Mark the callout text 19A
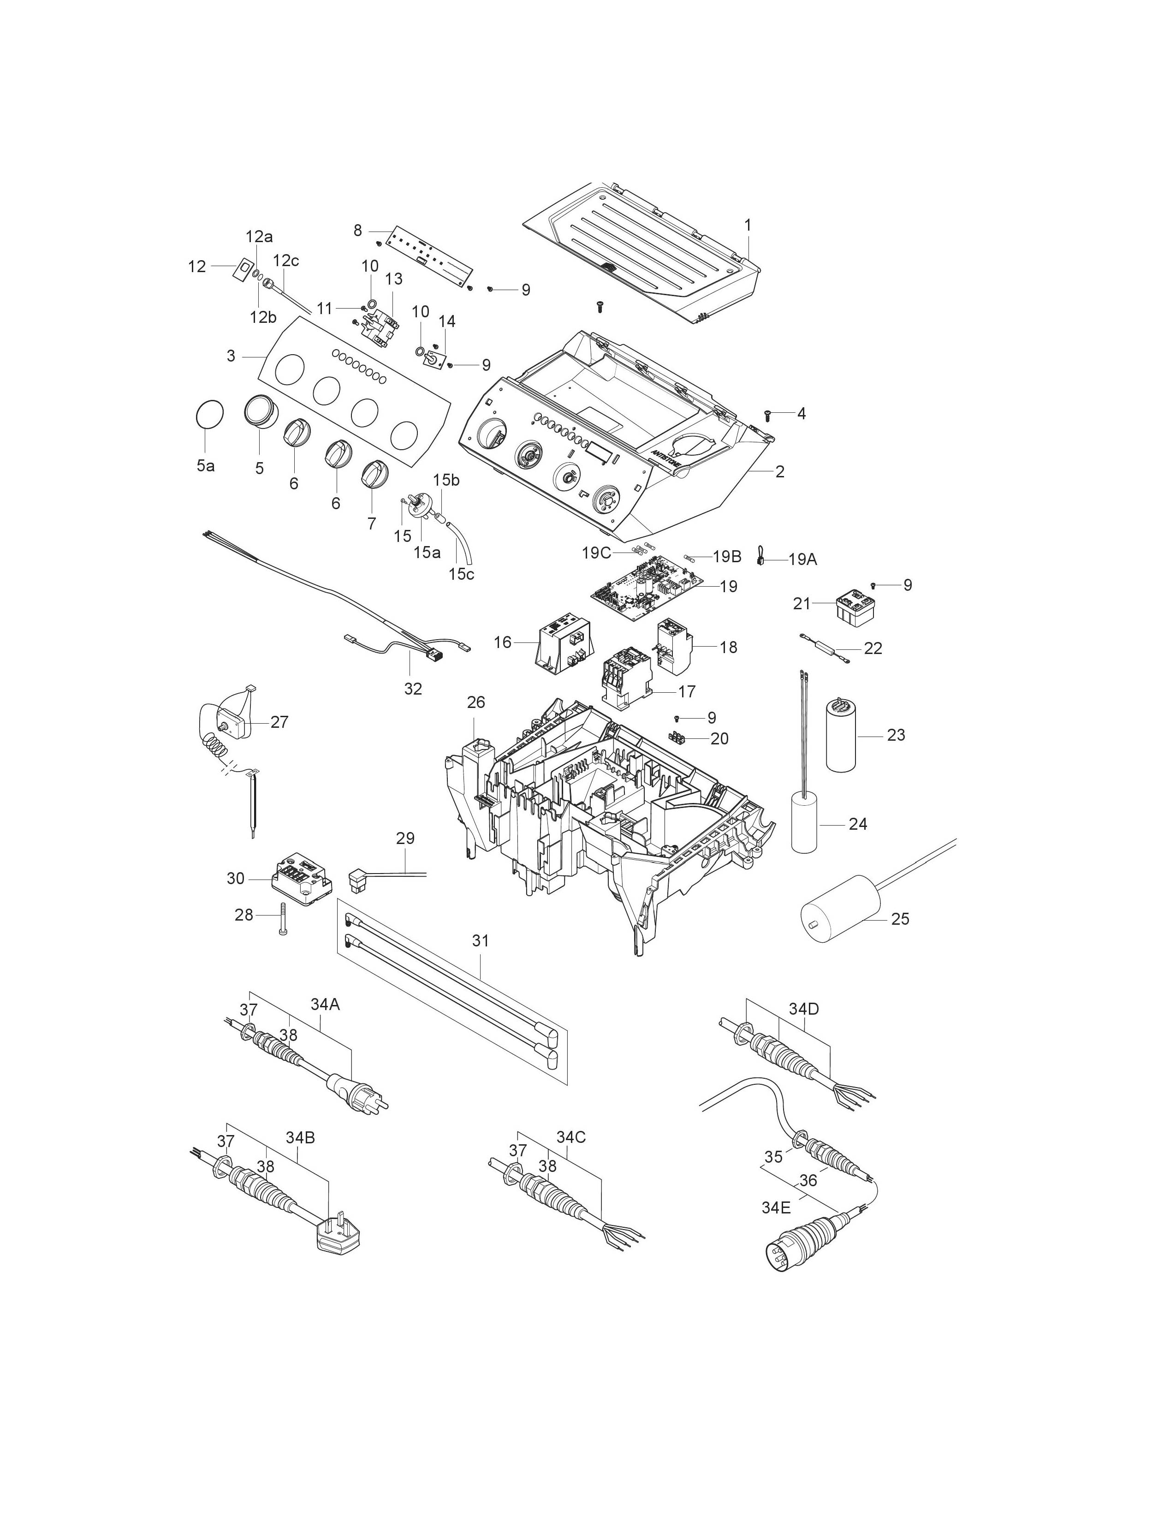802,559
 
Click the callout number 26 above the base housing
476,702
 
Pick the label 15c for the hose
461,574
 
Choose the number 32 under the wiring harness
413,689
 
